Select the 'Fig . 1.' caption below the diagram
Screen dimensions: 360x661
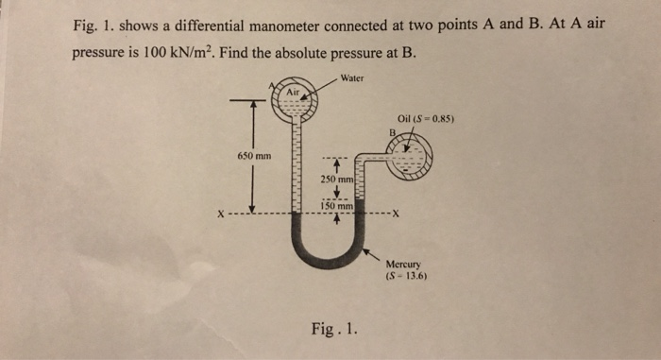[x=333, y=329]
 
